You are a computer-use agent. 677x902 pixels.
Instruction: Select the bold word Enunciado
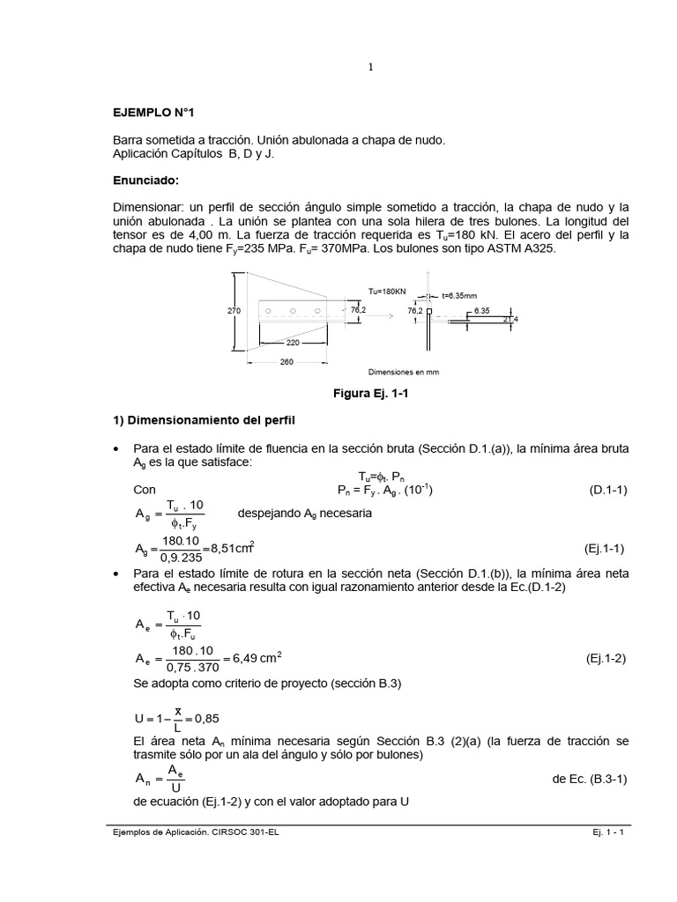[x=145, y=181]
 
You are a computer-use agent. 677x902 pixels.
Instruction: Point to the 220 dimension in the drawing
[x=294, y=343]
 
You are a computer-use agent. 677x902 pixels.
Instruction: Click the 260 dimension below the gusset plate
[x=286, y=362]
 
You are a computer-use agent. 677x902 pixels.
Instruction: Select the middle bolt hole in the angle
[x=291, y=309]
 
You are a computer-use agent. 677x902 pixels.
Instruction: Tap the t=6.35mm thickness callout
[x=459, y=297]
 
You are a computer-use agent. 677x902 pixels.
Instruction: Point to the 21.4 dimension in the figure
[x=511, y=320]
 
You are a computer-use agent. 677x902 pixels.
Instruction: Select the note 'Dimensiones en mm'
[x=403, y=372]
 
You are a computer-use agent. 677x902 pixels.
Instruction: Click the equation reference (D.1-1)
[x=608, y=490]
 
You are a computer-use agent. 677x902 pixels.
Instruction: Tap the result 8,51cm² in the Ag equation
[x=232, y=549]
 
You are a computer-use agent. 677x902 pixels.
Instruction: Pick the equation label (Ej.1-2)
[x=606, y=658]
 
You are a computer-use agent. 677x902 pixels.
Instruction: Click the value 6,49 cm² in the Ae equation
[x=257, y=657]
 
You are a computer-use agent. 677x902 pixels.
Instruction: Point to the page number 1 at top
[x=371, y=67]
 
